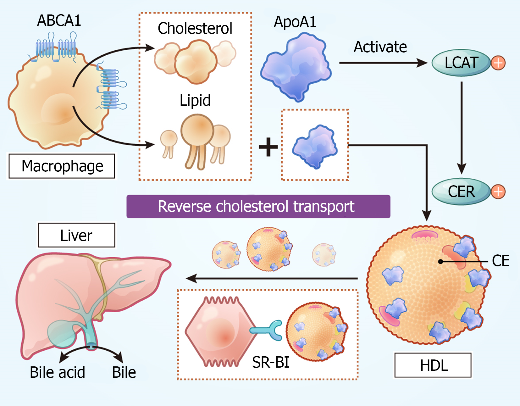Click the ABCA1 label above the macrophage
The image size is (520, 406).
pyautogui.click(x=59, y=20)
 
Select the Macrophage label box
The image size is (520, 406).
pyautogui.click(x=62, y=166)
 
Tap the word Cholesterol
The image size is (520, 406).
pyautogui.click(x=195, y=29)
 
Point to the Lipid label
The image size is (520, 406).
pyautogui.click(x=195, y=100)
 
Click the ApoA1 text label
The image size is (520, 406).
pyautogui.click(x=295, y=22)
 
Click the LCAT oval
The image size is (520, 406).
pyautogui.click(x=461, y=63)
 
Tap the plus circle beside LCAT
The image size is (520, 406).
pyautogui.click(x=498, y=63)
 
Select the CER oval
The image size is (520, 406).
pyautogui.click(x=461, y=192)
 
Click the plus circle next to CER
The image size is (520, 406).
pyautogui.click(x=498, y=192)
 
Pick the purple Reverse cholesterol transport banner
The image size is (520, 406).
pyautogui.click(x=258, y=206)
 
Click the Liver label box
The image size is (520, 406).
pyautogui.click(x=77, y=235)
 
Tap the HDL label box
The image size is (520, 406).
pyautogui.click(x=433, y=365)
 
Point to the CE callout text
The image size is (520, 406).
pyautogui.click(x=501, y=261)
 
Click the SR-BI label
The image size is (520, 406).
pyautogui.click(x=271, y=362)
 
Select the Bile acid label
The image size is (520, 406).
pyautogui.click(x=58, y=372)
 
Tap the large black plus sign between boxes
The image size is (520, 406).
pyautogui.click(x=268, y=147)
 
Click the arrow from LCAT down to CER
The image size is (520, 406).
pyautogui.click(x=462, y=128)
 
